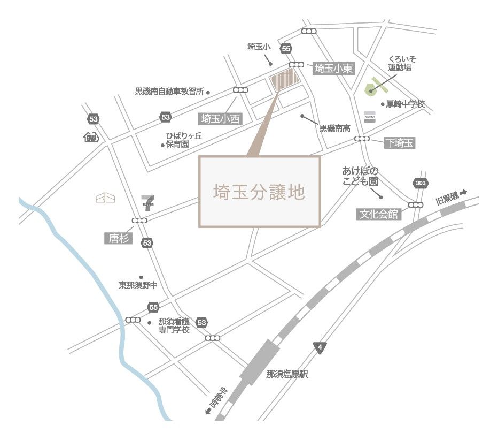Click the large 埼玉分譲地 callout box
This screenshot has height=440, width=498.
click(x=260, y=192)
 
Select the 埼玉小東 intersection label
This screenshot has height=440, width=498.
click(x=333, y=69)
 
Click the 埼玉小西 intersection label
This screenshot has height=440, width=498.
click(x=221, y=118)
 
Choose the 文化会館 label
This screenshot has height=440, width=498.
click(x=378, y=214)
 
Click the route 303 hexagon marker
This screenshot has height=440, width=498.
click(x=421, y=184)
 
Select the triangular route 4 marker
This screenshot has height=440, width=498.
click(x=320, y=347)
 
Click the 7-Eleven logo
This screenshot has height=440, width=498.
click(x=147, y=202)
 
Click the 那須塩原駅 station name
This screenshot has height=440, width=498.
click(x=287, y=375)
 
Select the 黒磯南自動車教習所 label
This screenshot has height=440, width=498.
click(x=169, y=92)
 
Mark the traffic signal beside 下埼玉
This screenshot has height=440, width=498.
click(x=362, y=139)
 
